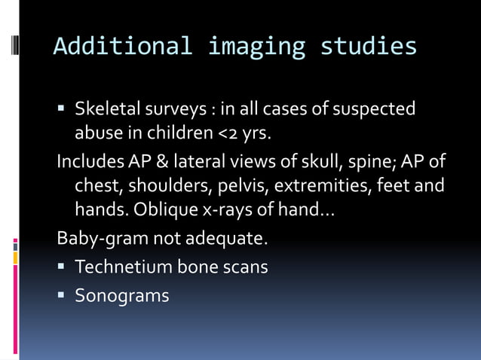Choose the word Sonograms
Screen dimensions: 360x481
click(x=121, y=296)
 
